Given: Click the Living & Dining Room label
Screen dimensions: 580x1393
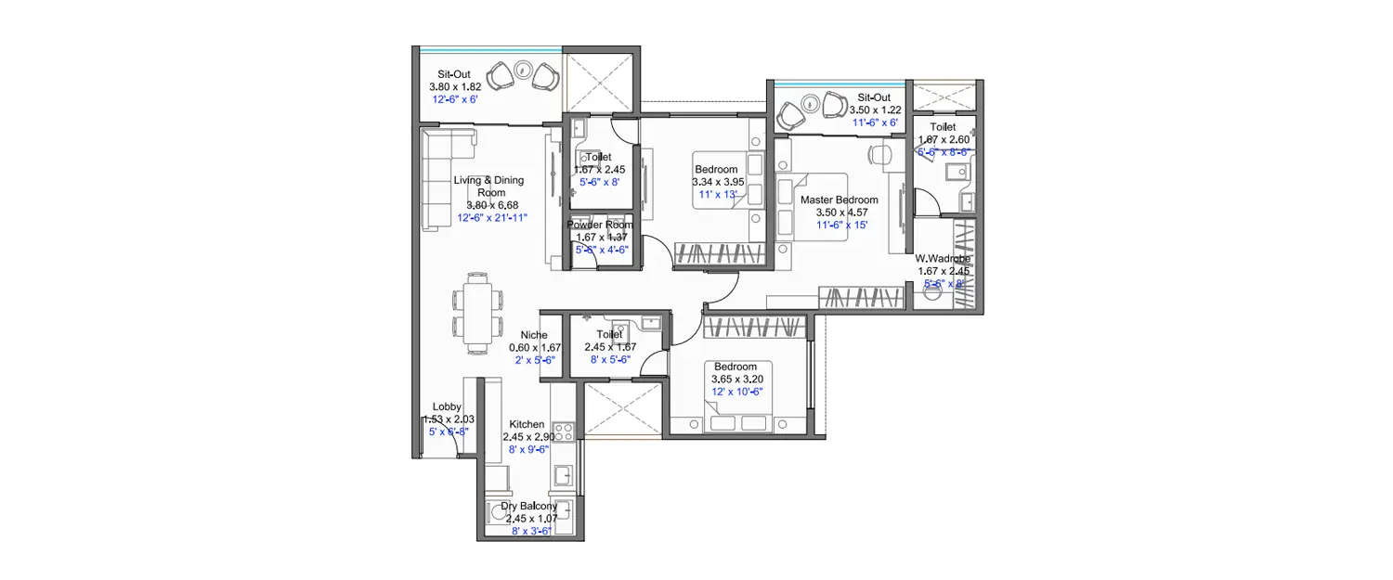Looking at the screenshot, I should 488,186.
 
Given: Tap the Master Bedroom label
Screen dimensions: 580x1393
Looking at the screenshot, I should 839,200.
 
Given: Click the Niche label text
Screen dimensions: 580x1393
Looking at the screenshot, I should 533,335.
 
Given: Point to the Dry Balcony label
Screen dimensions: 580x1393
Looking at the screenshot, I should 529,507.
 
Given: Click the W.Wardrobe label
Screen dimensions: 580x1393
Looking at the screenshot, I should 943,259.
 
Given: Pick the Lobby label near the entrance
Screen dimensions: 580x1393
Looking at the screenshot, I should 447,407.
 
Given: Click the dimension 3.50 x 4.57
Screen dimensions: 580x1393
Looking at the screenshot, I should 839,213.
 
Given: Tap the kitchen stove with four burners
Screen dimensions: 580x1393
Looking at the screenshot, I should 562,431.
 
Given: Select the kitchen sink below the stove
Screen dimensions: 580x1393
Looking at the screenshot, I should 563,475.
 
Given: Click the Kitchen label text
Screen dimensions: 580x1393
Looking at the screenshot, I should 527,424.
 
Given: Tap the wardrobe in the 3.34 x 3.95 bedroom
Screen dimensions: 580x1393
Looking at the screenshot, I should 719,252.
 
